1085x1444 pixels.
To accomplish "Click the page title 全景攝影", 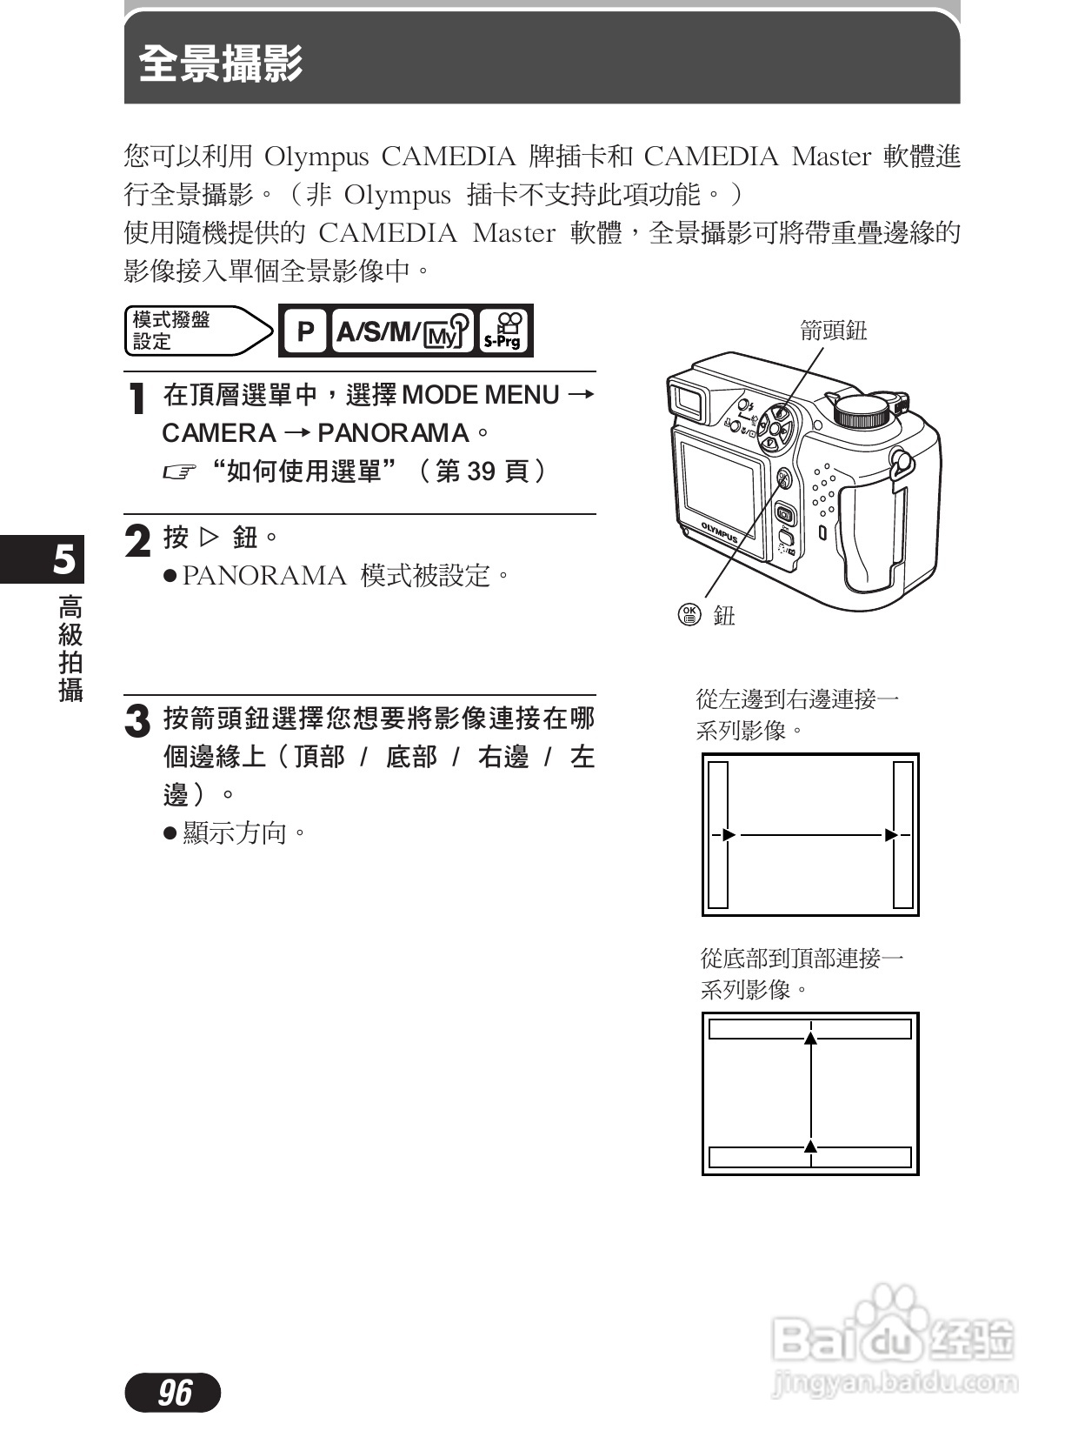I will [x=221, y=64].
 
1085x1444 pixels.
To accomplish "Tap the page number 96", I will [x=174, y=1393].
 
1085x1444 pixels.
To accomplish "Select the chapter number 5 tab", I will [x=63, y=559].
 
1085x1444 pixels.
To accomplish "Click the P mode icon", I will [x=304, y=331].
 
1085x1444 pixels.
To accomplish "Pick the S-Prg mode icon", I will [x=503, y=331].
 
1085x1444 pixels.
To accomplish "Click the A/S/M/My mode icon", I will [x=403, y=331].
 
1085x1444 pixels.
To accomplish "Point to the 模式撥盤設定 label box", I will [x=191, y=331].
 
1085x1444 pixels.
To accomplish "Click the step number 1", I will [x=136, y=399].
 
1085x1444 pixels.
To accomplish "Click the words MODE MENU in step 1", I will [x=481, y=395].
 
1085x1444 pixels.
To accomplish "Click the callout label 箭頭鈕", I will [x=833, y=331].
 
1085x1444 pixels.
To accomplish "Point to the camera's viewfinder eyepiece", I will [x=689, y=399].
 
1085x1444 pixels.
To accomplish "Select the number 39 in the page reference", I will [x=482, y=471].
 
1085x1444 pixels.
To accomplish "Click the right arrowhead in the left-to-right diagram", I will [x=891, y=835].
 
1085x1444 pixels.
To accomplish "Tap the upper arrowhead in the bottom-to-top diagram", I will [x=810, y=1037].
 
